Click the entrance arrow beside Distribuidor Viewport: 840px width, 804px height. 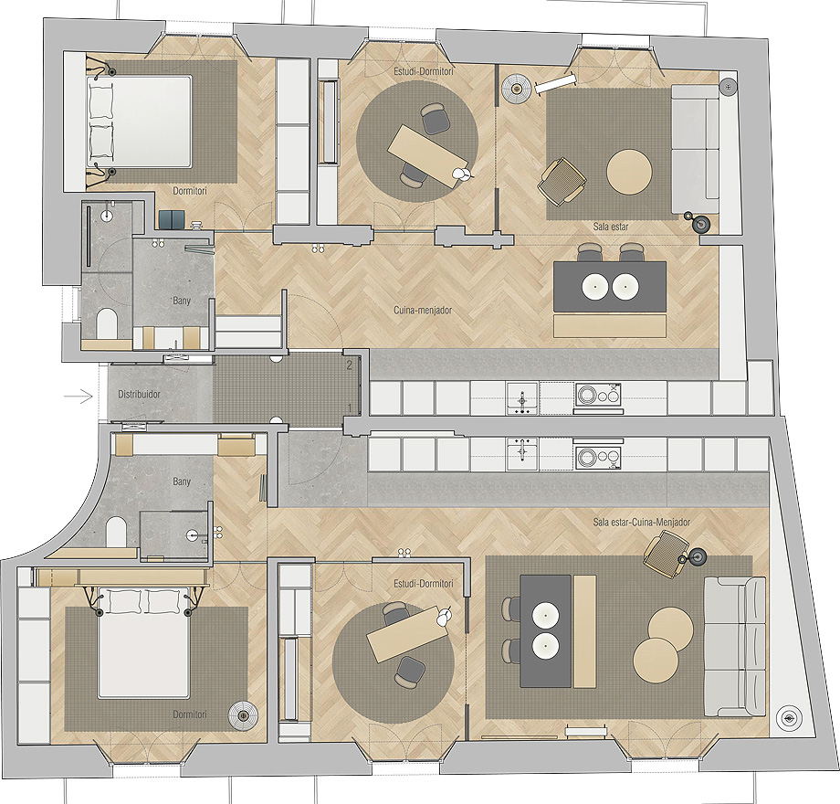[x=79, y=397]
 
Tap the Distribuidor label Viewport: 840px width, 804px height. [x=140, y=395]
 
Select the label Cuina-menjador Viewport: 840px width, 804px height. [x=423, y=311]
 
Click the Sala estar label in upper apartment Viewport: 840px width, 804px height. [x=611, y=227]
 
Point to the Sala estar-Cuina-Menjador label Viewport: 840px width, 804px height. [x=642, y=522]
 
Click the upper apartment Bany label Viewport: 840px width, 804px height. [x=182, y=301]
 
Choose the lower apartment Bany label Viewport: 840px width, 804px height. [x=182, y=481]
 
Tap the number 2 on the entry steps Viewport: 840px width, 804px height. [x=350, y=365]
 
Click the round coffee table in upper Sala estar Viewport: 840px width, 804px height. [x=629, y=172]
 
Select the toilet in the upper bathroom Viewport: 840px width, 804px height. [x=106, y=323]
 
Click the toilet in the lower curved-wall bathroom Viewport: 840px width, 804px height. [x=116, y=532]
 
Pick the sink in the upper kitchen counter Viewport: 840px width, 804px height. [x=521, y=398]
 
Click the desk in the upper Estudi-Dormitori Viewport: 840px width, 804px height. [x=427, y=156]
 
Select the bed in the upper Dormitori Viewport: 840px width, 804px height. [x=139, y=122]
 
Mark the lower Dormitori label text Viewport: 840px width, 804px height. [x=190, y=714]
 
